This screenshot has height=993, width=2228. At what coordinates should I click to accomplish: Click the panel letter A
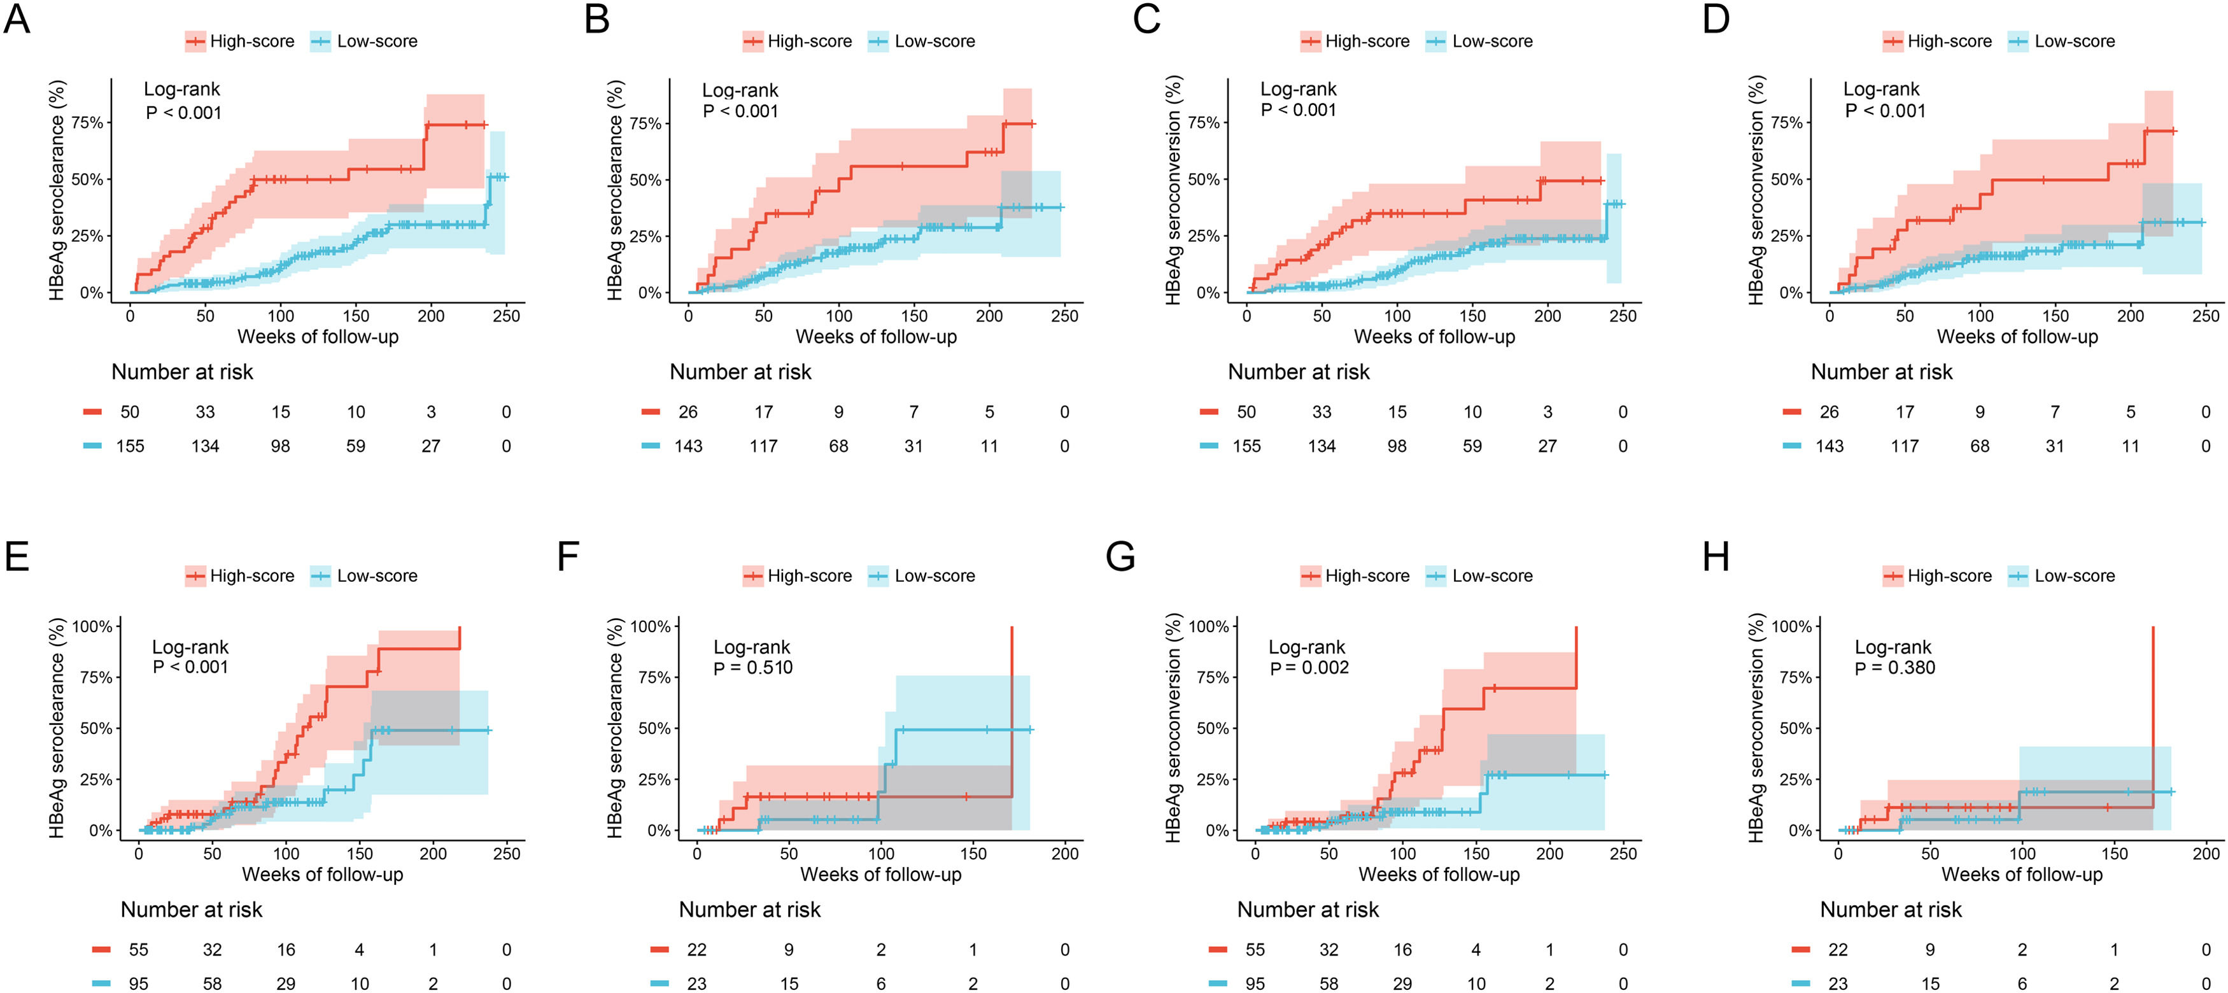click(17, 18)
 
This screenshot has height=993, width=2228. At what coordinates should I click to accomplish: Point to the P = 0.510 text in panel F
click(752, 668)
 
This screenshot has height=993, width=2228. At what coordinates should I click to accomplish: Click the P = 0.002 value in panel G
click(1309, 668)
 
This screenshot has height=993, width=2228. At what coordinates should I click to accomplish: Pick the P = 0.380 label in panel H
click(1894, 668)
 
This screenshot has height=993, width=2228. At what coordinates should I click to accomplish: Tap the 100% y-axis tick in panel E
click(92, 626)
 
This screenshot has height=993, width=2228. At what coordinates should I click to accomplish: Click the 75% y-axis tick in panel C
click(1203, 123)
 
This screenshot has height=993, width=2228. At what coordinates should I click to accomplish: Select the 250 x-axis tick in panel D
click(2206, 316)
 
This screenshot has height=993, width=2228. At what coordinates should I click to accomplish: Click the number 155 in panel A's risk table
click(130, 446)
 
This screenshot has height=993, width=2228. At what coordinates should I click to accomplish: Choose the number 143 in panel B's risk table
click(689, 446)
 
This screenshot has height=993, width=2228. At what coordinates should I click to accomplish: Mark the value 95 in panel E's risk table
click(138, 983)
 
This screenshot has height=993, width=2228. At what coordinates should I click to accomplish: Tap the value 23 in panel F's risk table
click(696, 983)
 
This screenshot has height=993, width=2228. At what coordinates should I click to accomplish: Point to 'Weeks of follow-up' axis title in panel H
click(2021, 875)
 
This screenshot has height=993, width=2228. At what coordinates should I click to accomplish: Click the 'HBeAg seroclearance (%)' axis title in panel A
click(57, 190)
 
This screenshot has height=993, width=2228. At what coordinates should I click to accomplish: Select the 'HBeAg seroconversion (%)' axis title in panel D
click(1756, 190)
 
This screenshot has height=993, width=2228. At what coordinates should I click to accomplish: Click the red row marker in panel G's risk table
click(1218, 950)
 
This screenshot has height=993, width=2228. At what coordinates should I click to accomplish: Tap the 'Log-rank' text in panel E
click(190, 647)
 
